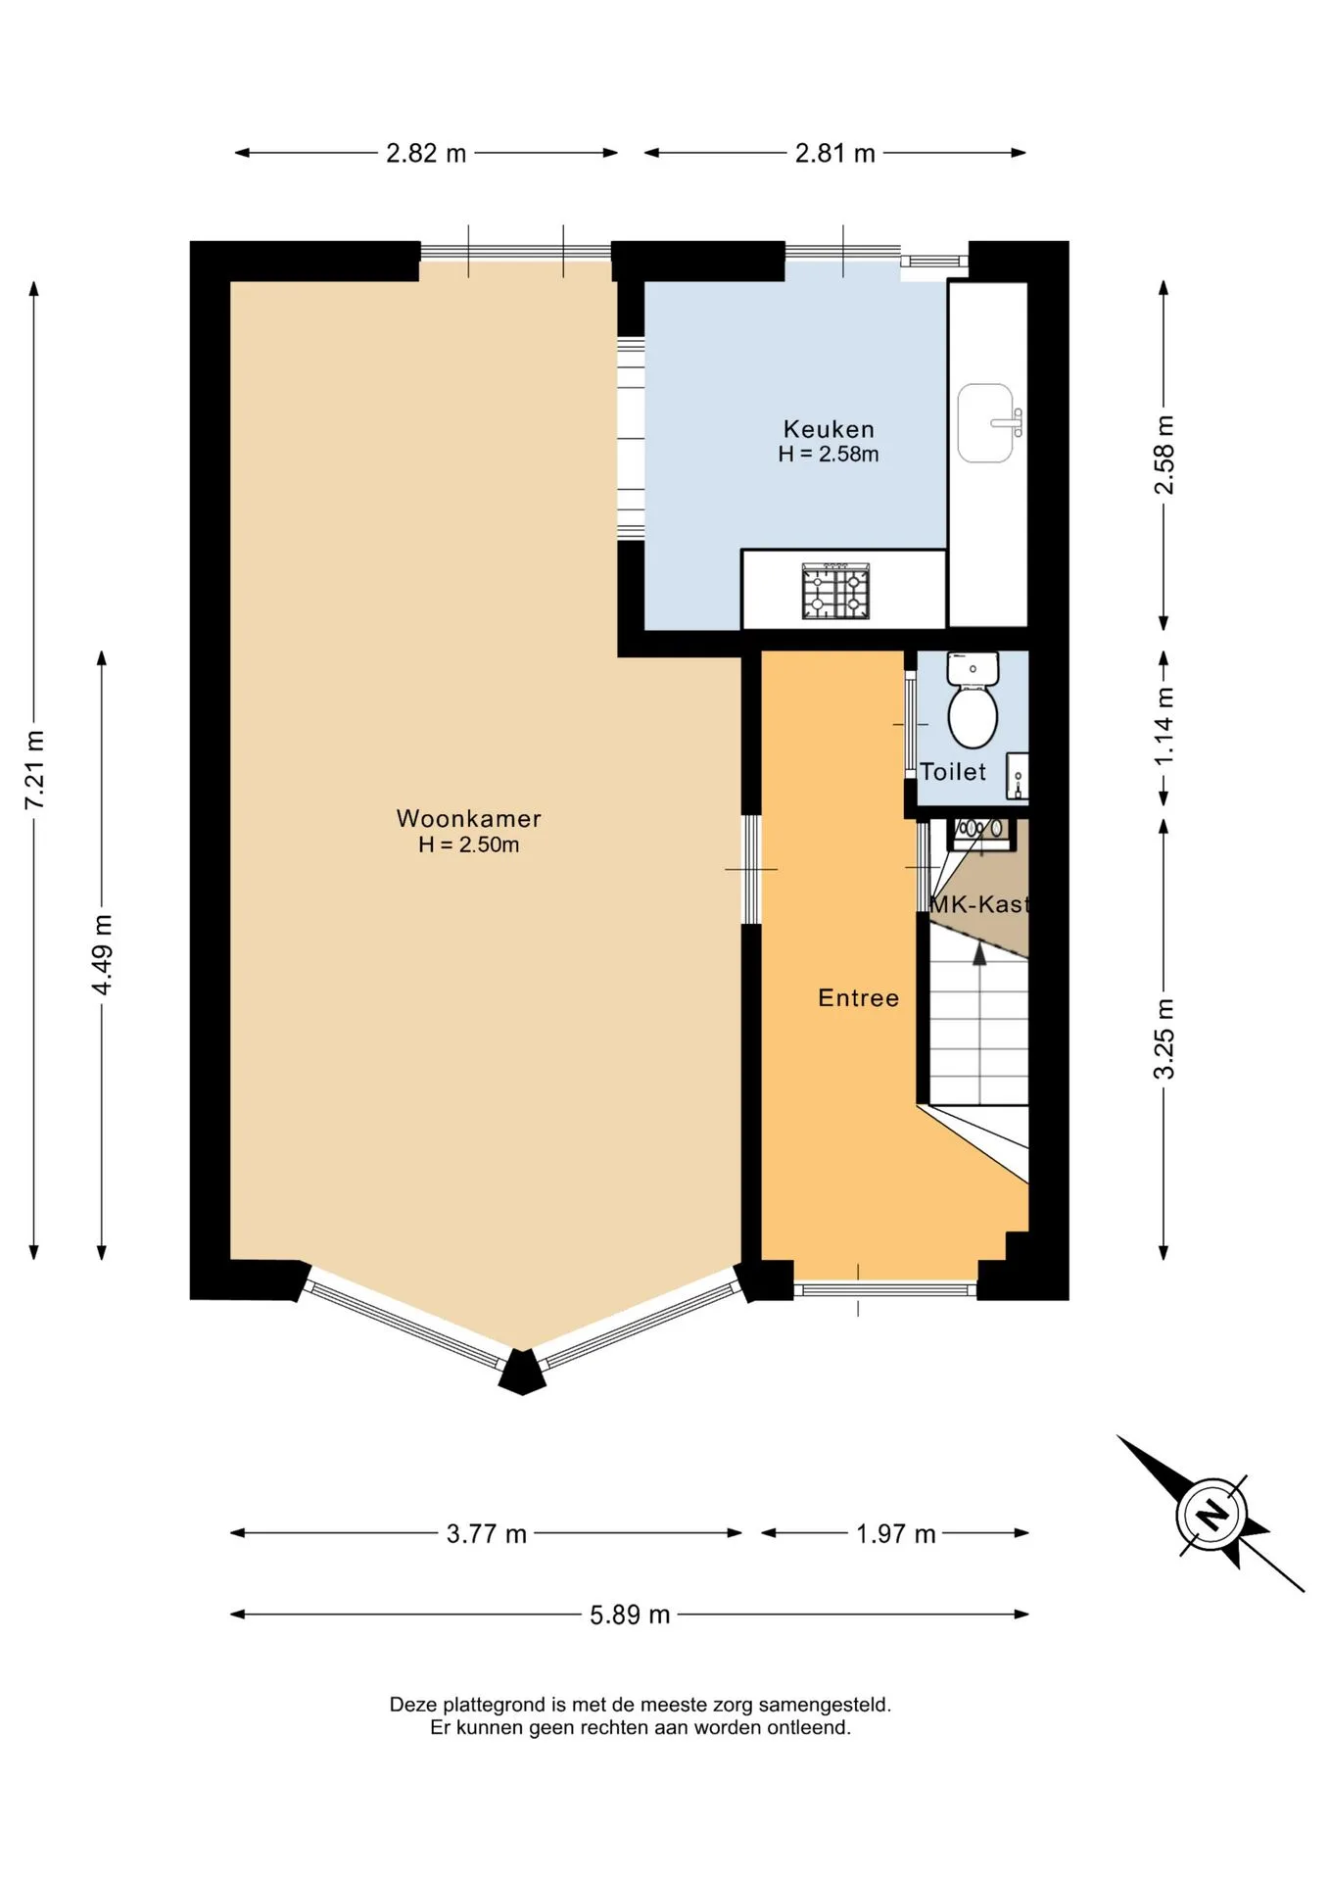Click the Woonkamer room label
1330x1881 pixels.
click(x=468, y=818)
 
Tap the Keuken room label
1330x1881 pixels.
click(x=829, y=429)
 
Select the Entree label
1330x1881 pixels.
click(x=858, y=997)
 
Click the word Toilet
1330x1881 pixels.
click(x=953, y=772)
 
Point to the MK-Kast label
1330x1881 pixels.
click(x=979, y=904)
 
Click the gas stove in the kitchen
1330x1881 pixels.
click(x=835, y=591)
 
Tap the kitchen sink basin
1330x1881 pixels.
click(x=985, y=422)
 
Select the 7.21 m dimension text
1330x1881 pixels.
click(x=34, y=769)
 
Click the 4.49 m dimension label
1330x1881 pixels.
click(x=102, y=954)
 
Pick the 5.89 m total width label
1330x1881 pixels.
click(x=630, y=1615)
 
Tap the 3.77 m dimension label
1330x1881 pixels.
click(x=487, y=1533)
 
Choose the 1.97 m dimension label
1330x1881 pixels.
click(x=895, y=1533)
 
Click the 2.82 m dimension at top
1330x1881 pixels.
click(x=426, y=153)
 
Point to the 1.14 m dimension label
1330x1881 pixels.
click(x=1164, y=727)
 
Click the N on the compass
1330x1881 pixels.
click(x=1212, y=1515)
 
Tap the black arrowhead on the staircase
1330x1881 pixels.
click(x=979, y=952)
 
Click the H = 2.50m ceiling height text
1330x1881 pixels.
click(x=468, y=844)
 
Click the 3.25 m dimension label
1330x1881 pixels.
click(x=1164, y=1038)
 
